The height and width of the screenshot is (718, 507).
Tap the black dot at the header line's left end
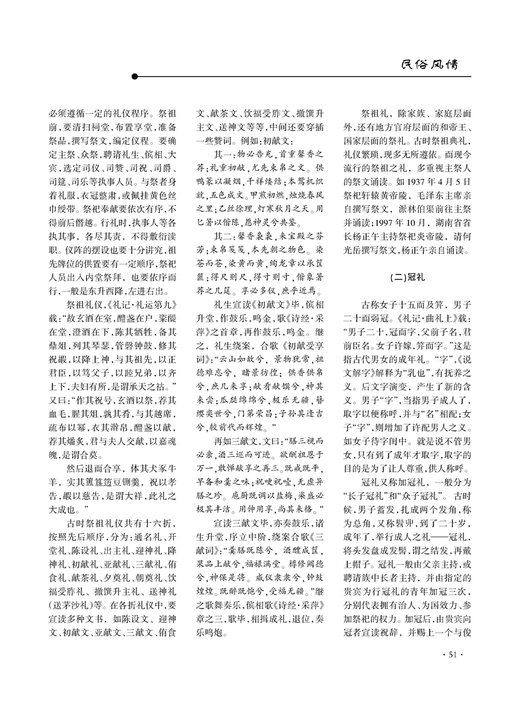click(x=134, y=77)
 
